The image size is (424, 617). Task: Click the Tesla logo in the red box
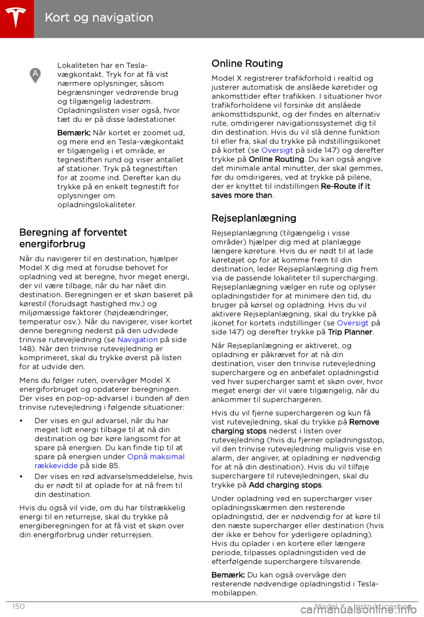click(16, 18)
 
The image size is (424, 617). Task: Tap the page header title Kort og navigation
click(99, 18)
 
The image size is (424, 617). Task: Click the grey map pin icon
click(35, 75)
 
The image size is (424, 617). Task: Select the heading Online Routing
click(247, 64)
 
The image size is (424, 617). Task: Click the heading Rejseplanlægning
click(254, 218)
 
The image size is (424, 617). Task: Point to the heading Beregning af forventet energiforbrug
click(73, 238)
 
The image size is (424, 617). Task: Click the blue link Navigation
click(137, 339)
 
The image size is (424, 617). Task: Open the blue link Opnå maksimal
click(155, 457)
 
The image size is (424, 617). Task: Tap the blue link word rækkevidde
click(56, 465)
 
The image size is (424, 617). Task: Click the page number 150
click(19, 606)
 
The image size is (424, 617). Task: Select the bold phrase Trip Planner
click(350, 332)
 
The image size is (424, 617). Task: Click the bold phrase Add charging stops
click(285, 485)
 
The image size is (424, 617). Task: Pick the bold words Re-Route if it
click(345, 186)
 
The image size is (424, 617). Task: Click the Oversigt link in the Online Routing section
click(277, 150)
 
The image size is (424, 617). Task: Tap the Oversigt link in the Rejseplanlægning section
click(352, 323)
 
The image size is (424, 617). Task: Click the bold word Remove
click(364, 422)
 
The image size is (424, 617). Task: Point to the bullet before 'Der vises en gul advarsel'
click(22, 421)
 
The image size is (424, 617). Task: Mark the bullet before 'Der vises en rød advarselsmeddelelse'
click(22, 476)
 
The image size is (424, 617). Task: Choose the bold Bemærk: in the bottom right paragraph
click(228, 575)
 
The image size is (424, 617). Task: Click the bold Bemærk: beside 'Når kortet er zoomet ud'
click(74, 133)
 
